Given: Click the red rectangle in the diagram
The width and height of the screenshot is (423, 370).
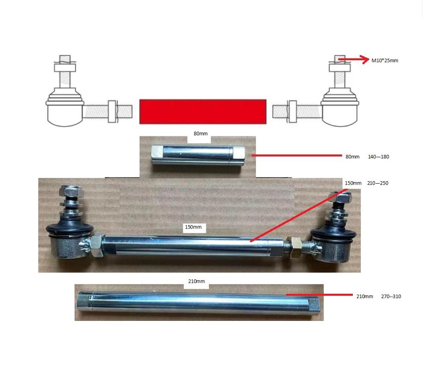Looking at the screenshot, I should click(203, 112).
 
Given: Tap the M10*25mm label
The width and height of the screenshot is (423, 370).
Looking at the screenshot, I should click(385, 61).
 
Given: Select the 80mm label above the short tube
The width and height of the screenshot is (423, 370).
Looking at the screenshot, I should click(201, 134).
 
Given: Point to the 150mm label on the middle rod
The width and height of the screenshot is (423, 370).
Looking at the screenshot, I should click(193, 227).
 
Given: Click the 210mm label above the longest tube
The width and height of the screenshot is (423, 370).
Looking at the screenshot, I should click(196, 282).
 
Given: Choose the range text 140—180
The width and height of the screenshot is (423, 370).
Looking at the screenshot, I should click(378, 157).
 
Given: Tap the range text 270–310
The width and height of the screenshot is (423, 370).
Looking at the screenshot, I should click(391, 296).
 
